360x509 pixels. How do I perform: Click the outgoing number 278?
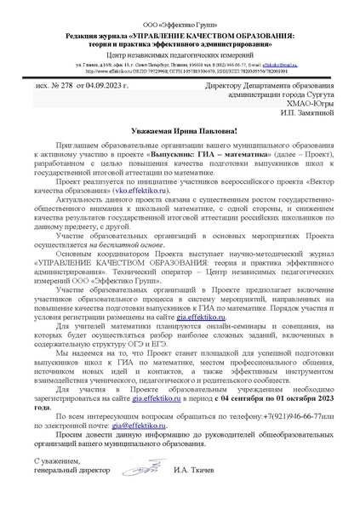click(x=59, y=87)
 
